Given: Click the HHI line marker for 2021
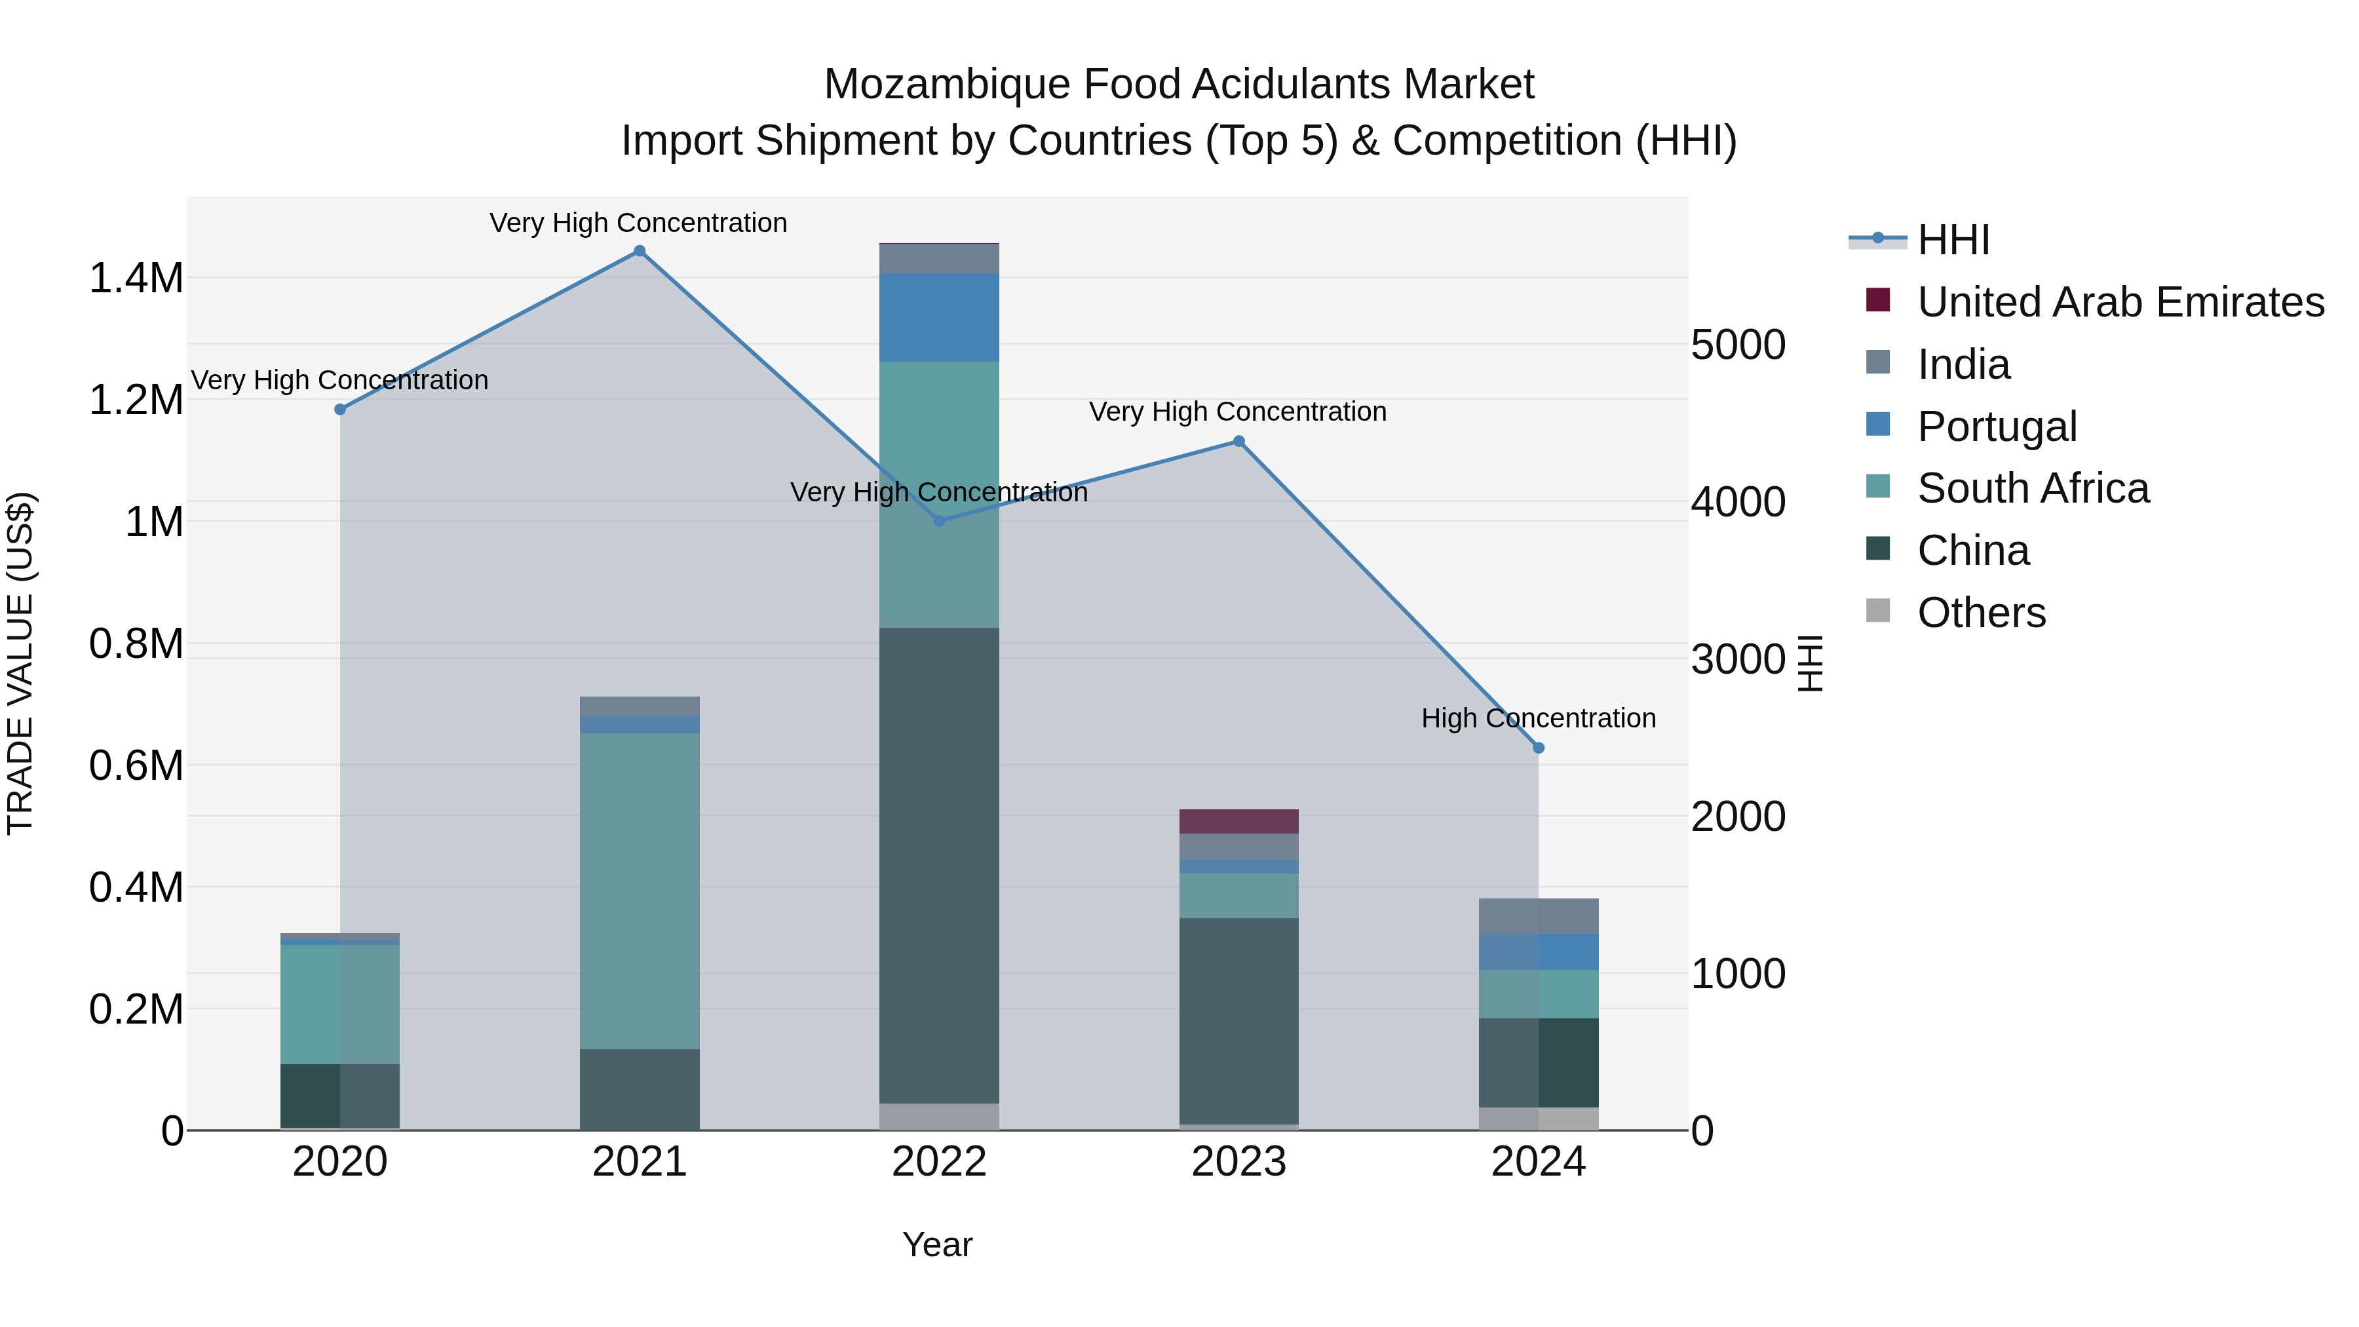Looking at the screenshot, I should pyautogui.click(x=639, y=251).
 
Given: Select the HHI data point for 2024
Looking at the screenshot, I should pyautogui.click(x=1539, y=748).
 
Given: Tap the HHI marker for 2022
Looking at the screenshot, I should pyautogui.click(x=938, y=521).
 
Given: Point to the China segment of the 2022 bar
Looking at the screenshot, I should pyautogui.click(x=938, y=866).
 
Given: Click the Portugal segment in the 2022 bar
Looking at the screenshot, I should pyautogui.click(x=938, y=317).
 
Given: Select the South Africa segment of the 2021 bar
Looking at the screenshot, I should pyautogui.click(x=639, y=890).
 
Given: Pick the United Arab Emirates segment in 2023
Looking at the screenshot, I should pyautogui.click(x=1238, y=822).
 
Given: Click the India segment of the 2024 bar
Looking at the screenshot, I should pyautogui.click(x=1539, y=916).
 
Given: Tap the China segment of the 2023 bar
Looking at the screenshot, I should pyautogui.click(x=1238, y=1021).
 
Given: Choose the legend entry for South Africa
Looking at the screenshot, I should pyautogui.click(x=2032, y=488).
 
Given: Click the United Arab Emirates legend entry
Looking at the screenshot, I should pyautogui.click(x=2120, y=302).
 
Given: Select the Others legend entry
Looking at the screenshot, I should pyautogui.click(x=1981, y=613).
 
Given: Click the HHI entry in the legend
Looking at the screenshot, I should pyautogui.click(x=1953, y=240).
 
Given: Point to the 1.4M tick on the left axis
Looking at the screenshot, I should pyautogui.click(x=136, y=277).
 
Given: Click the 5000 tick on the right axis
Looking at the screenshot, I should pyautogui.click(x=1738, y=345).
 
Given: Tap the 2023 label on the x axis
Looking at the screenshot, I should pyautogui.click(x=1238, y=1162).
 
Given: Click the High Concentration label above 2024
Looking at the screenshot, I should pyautogui.click(x=1539, y=718).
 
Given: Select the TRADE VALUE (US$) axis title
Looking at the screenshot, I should pyautogui.click(x=20, y=663).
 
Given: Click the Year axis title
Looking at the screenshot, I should pyautogui.click(x=937, y=1244).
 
